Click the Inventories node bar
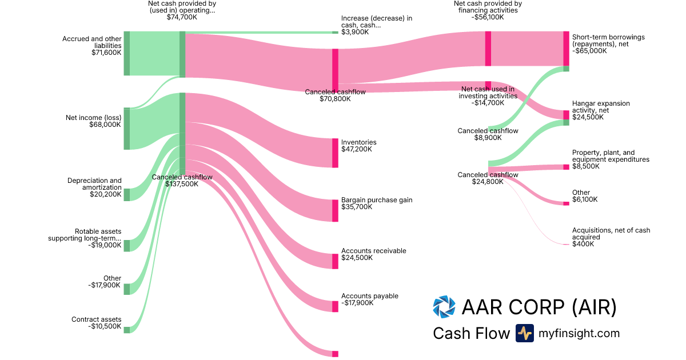(x=336, y=153)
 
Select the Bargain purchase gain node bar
(x=336, y=210)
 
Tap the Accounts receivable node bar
(x=336, y=261)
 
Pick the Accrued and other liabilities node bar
(x=126, y=53)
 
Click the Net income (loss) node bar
(x=126, y=129)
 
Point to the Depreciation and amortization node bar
(x=126, y=194)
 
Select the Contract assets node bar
(x=126, y=330)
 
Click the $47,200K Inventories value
(x=356, y=149)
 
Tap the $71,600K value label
(x=106, y=53)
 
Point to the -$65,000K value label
(x=589, y=51)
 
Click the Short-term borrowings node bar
(x=566, y=49)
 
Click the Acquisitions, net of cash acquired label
(x=611, y=233)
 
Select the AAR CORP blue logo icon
(x=444, y=307)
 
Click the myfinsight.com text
(x=579, y=333)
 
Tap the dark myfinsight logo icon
(x=524, y=333)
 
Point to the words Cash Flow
(x=471, y=333)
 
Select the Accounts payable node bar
(x=336, y=306)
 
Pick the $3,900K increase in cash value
(x=355, y=32)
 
